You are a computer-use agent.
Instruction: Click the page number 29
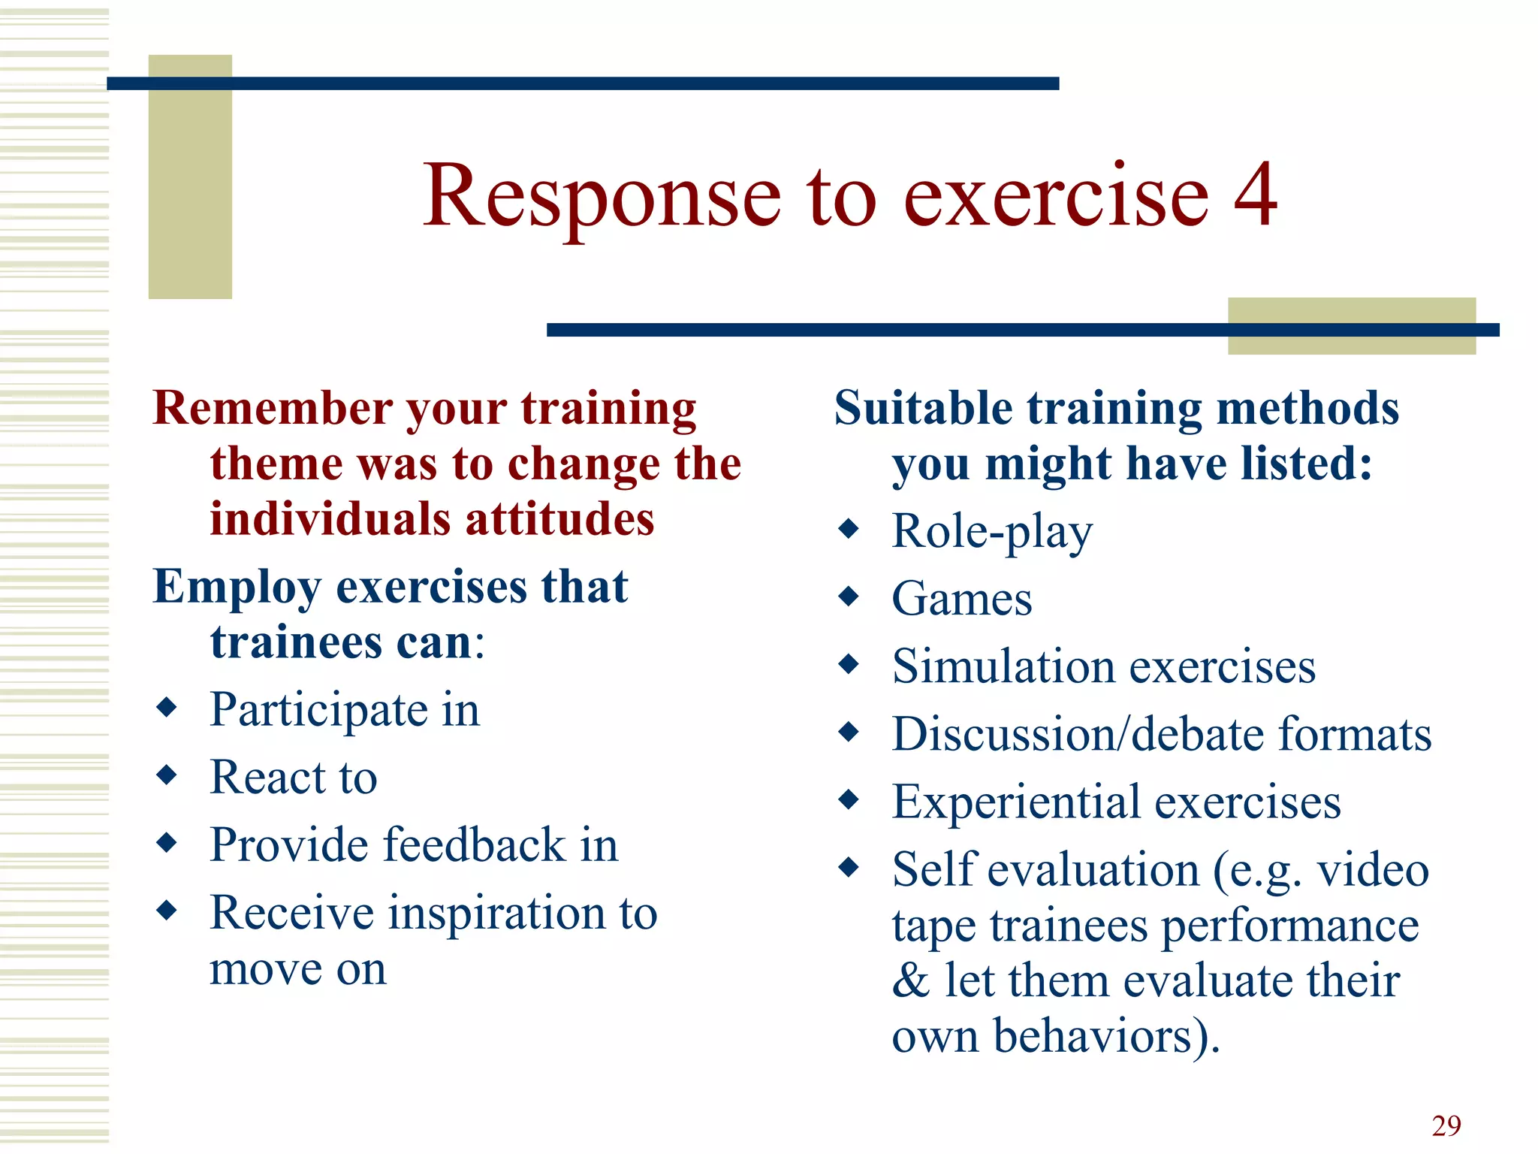(1446, 1125)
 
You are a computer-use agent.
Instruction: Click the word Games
(961, 599)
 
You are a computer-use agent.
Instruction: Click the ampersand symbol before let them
(910, 981)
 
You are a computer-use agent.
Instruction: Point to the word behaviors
(1093, 1037)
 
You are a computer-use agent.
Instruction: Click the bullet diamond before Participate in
(166, 706)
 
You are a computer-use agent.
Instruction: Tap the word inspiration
(496, 912)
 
